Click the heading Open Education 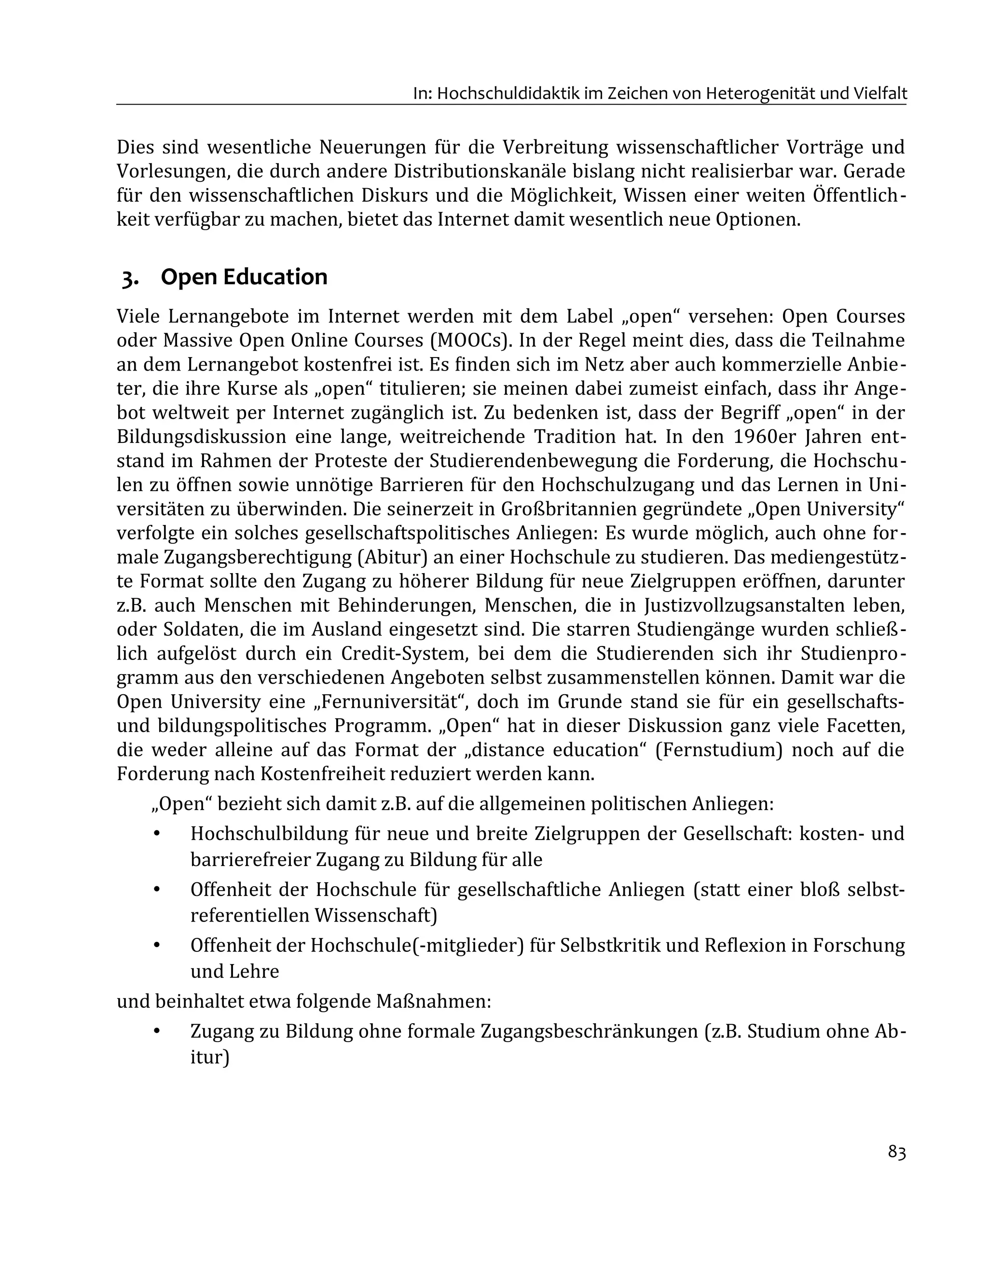point(244,277)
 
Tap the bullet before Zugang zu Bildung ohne point(156,1031)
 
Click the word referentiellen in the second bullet point(249,915)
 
